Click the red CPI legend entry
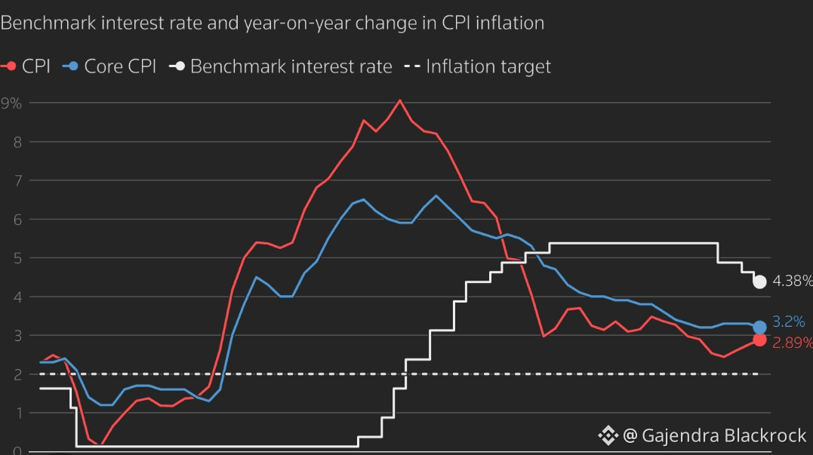26,66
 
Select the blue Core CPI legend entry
109,66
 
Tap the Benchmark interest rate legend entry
281,66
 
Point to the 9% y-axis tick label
11,103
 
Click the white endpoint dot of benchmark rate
759,281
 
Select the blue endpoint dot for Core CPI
759,327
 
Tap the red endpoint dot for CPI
759,340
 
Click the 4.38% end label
793,281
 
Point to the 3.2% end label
788,321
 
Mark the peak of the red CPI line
400,100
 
